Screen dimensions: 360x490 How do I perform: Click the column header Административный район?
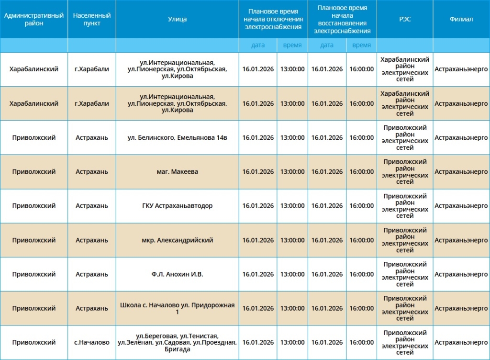coord(34,19)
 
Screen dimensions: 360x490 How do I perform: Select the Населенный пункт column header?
coord(92,19)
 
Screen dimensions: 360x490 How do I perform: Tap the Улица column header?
coord(177,19)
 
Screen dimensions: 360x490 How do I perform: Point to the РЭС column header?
coord(405,19)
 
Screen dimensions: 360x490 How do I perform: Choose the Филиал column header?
coord(461,19)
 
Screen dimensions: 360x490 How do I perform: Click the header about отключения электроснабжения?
coord(273,19)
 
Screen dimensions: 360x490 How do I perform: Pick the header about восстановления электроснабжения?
coord(342,19)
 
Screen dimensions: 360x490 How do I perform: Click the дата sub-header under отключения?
coord(258,45)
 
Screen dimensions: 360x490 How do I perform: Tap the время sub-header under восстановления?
coord(361,45)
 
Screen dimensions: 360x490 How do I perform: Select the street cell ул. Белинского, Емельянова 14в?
coord(177,137)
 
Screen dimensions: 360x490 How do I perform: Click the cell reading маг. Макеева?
coord(177,172)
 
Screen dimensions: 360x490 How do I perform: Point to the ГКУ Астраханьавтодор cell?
coord(177,206)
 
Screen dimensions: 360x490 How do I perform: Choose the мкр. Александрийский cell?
coord(177,240)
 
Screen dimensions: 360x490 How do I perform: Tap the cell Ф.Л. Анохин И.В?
coord(177,274)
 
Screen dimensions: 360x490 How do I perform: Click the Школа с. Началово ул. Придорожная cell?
coord(177,308)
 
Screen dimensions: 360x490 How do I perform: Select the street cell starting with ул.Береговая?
coord(177,342)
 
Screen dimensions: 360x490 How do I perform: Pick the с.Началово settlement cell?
coord(92,342)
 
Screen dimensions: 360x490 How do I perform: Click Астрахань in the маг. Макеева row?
coord(92,172)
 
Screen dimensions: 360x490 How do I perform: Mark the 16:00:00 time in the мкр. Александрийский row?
coord(361,240)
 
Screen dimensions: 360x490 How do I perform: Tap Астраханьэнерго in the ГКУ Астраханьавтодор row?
coord(461,206)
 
